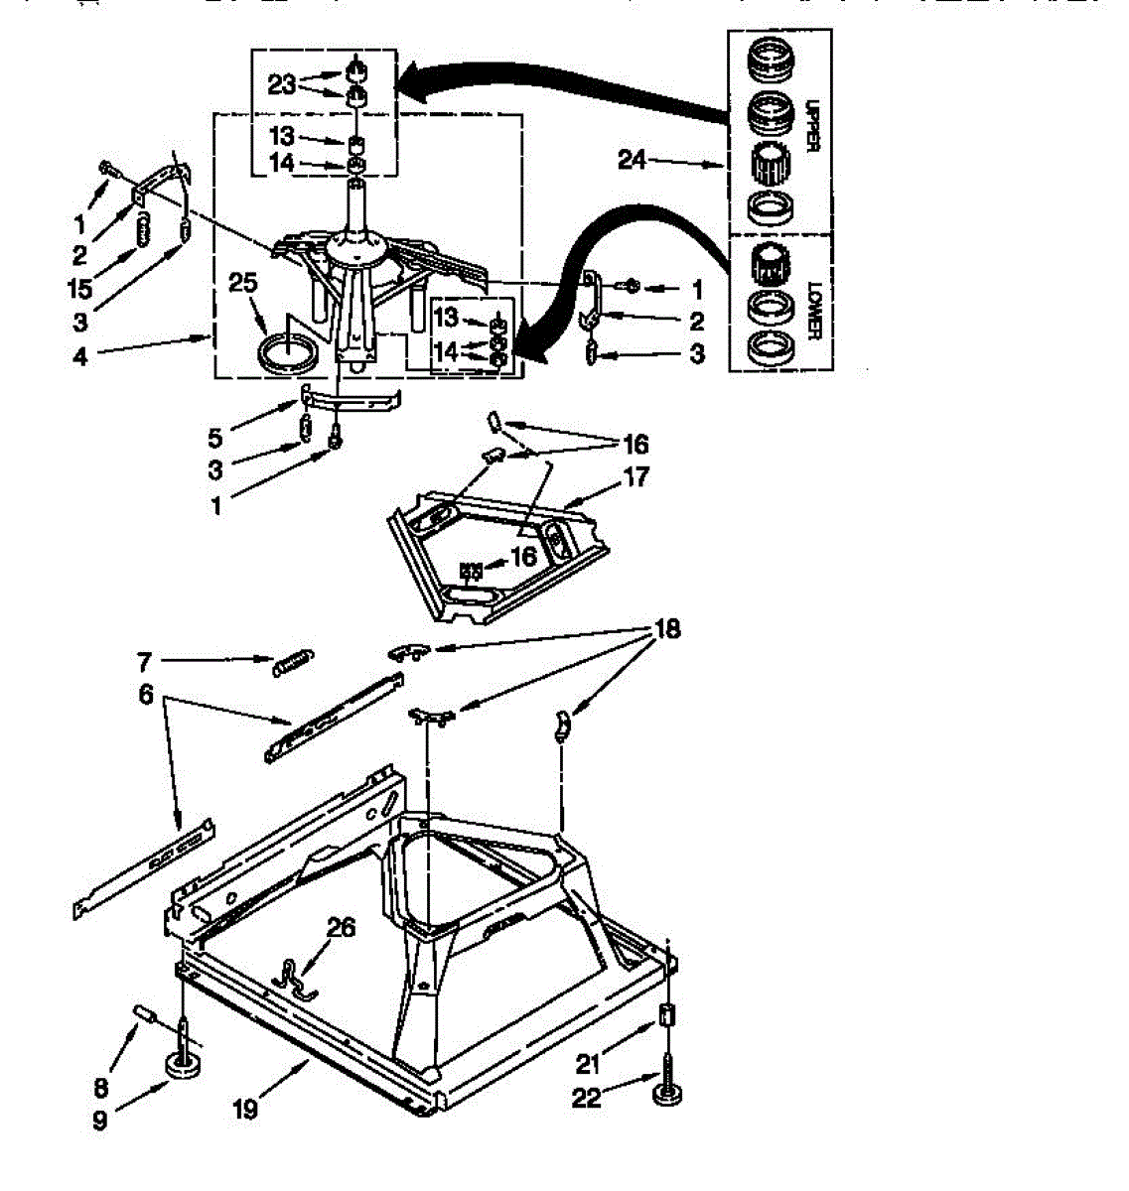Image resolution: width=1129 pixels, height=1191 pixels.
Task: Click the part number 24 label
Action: [633, 159]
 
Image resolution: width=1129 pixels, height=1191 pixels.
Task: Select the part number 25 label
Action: [243, 284]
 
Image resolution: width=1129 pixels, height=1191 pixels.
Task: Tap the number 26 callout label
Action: [341, 928]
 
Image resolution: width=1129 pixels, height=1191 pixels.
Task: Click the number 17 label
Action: [636, 477]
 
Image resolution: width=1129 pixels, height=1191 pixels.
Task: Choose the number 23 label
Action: [282, 84]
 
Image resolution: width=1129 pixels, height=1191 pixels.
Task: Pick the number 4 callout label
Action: [80, 354]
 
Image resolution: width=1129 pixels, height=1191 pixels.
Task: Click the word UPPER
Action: [811, 125]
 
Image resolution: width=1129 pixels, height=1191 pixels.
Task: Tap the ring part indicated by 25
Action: [289, 353]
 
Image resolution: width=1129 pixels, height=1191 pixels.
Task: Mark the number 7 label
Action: [143, 659]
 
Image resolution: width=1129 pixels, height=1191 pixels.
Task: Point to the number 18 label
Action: [667, 630]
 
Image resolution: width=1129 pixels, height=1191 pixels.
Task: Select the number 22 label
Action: [586, 1100]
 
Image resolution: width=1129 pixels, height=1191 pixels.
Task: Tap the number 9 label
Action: [99, 1122]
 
